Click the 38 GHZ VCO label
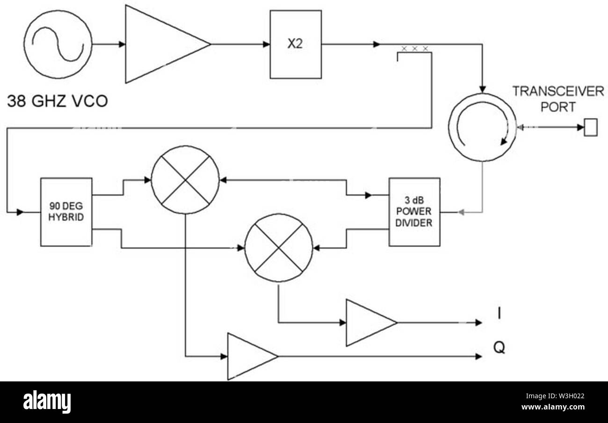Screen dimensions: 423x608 (x=57, y=101)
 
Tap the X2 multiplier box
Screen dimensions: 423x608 (x=295, y=44)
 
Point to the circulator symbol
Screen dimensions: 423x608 (x=482, y=127)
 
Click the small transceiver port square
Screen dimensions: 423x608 (x=591, y=127)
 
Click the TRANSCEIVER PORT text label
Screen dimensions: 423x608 (x=558, y=99)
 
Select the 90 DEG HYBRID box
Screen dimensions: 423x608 (x=66, y=212)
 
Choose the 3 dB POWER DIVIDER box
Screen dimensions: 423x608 (x=414, y=212)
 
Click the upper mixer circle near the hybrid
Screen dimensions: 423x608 (x=185, y=180)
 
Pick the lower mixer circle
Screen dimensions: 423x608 (x=279, y=247)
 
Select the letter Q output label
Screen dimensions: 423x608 (x=499, y=348)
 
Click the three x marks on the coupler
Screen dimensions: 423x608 (x=414, y=49)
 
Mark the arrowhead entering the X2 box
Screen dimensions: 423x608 (x=266, y=44)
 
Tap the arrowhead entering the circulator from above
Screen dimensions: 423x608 (x=482, y=89)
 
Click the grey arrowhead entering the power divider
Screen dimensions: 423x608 (x=462, y=212)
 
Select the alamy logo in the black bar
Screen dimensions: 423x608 (x=47, y=402)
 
